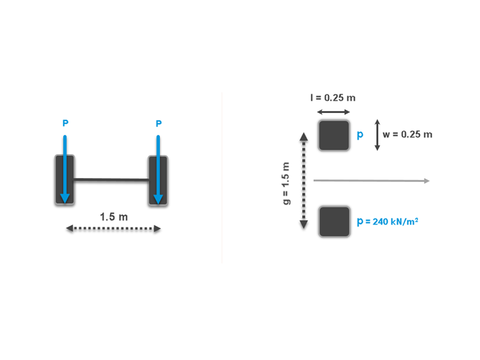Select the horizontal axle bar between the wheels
(111, 180)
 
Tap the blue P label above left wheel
(64, 124)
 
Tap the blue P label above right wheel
(158, 124)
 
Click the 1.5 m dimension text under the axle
(114, 217)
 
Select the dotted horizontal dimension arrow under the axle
(114, 229)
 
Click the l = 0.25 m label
(333, 98)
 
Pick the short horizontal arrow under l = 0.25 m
(333, 112)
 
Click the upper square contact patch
(333, 135)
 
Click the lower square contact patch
(333, 222)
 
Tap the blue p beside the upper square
(361, 135)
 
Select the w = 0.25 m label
(407, 135)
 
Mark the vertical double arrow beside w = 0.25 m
(377, 135)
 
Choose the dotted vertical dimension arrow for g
(303, 181)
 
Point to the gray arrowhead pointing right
(426, 181)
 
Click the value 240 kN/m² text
(392, 222)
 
